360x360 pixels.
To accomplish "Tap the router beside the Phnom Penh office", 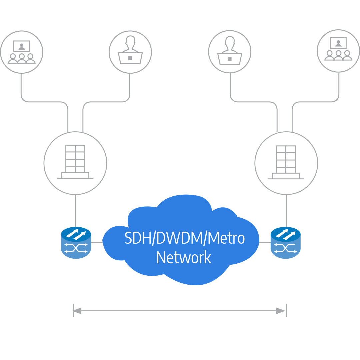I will (x=76, y=243).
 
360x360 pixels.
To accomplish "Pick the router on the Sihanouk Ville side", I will (x=285, y=243).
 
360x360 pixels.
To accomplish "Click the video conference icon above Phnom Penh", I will (x=22, y=52).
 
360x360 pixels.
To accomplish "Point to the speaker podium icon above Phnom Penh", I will (x=130, y=52).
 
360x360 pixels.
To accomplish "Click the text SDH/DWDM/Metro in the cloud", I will (x=185, y=238).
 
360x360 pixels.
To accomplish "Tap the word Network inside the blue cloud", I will (x=184, y=258).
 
